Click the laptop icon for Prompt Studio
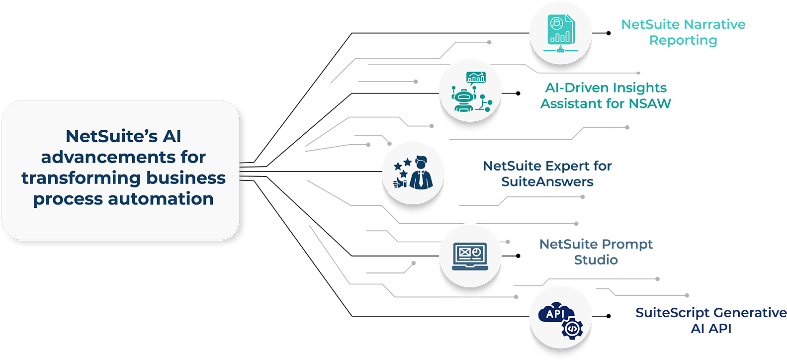pos(470,255)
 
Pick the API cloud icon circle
pos(560,316)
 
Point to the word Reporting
pos(683,40)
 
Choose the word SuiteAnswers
pos(547,182)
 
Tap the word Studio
pos(596,260)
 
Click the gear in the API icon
pos(572,328)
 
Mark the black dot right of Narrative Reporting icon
pos(609,33)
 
